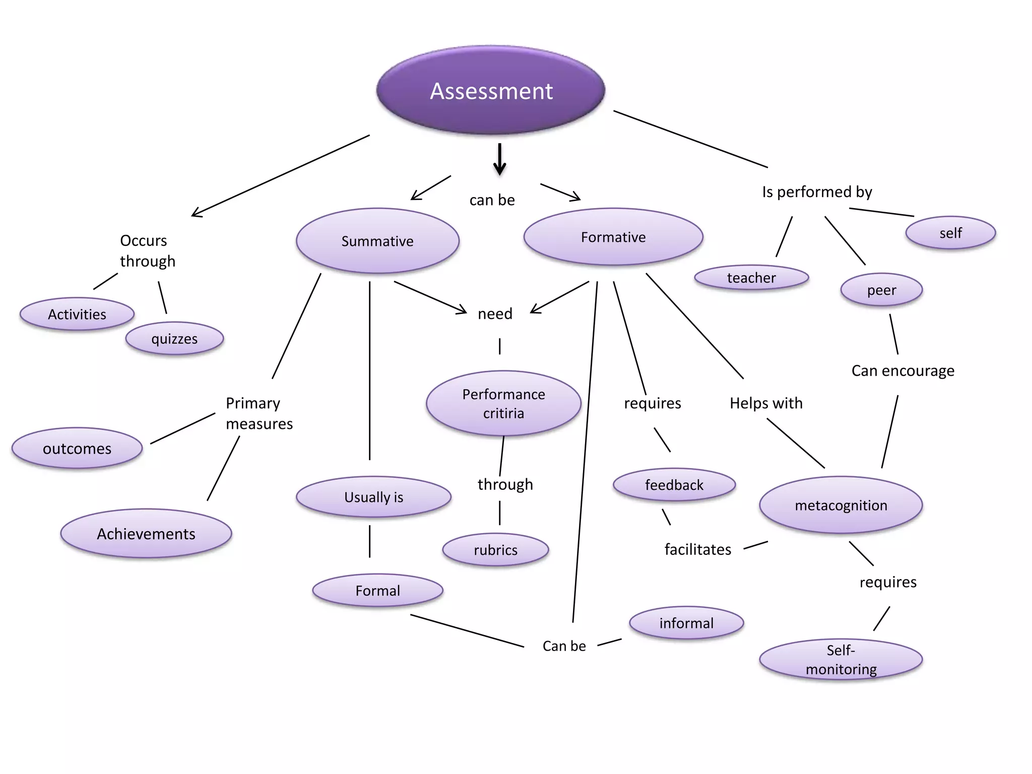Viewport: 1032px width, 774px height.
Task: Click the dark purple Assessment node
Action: [491, 91]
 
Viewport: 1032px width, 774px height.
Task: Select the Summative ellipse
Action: [377, 241]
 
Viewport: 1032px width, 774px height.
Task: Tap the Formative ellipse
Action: [613, 237]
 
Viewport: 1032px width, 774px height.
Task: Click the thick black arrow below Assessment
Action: [499, 159]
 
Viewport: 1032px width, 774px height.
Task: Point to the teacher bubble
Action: [751, 278]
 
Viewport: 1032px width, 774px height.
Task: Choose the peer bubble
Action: [881, 290]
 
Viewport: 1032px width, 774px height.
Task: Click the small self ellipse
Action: [950, 233]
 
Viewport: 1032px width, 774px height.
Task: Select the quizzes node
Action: [174, 339]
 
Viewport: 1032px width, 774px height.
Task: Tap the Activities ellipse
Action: [77, 314]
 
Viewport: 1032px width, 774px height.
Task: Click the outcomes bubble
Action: [77, 448]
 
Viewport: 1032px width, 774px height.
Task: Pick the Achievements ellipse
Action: [146, 534]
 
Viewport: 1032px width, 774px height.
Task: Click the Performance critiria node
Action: [503, 404]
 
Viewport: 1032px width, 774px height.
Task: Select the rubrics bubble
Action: [495, 550]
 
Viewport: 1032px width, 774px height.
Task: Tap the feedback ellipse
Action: [674, 485]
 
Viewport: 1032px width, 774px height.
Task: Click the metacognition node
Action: [841, 505]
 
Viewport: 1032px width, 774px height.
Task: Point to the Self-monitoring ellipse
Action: [841, 660]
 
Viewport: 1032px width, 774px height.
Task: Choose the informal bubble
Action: [686, 623]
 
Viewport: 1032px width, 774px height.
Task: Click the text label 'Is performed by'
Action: [817, 192]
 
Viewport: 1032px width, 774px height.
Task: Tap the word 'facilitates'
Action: [698, 549]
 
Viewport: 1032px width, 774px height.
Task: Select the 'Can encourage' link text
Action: [902, 371]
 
